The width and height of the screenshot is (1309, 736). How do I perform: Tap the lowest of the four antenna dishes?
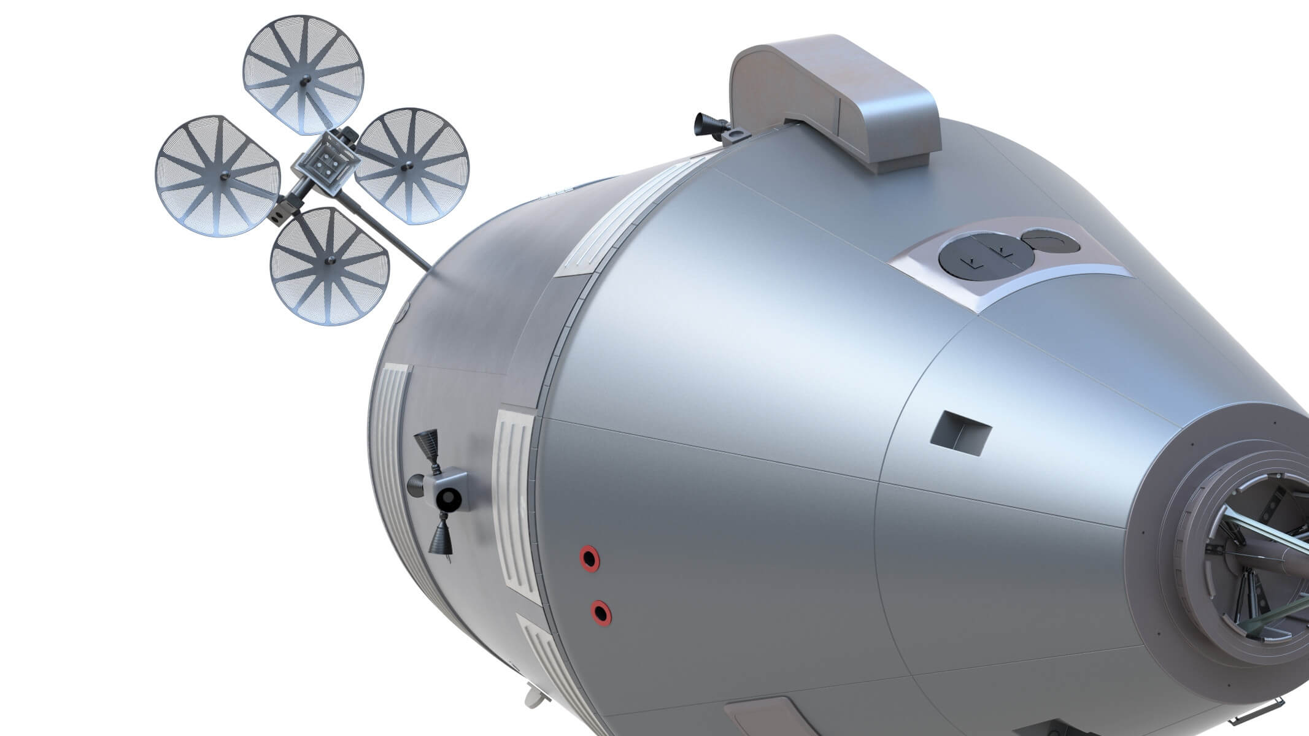pos(330,266)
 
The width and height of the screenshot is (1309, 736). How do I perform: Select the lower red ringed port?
pos(601,612)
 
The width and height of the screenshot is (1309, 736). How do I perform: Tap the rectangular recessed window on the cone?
pos(960,433)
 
